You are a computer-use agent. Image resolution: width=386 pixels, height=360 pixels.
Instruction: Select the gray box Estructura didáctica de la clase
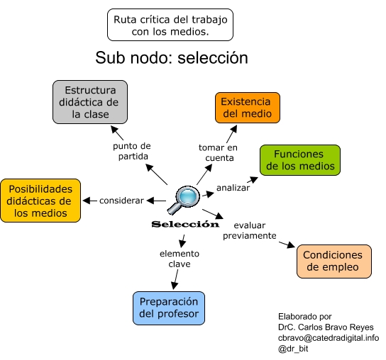coord(90,102)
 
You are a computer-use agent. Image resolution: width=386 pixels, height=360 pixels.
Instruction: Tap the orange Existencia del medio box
coord(248,108)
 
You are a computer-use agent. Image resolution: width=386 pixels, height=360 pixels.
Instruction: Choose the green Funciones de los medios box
coord(300,160)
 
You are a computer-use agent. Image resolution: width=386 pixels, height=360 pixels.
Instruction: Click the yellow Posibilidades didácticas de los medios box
coord(40,201)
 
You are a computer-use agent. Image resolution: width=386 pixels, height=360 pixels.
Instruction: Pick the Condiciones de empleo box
coord(334,261)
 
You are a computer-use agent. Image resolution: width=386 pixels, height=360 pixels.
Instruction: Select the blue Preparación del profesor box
coord(169,308)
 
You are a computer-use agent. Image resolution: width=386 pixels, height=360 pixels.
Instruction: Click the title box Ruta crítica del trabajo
coord(170,25)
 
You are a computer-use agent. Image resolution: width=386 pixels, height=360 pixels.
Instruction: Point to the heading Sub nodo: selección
coord(172,58)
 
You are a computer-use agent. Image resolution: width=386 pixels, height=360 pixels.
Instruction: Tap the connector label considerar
coord(121,201)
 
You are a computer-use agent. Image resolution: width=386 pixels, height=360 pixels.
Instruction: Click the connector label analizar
coord(233,188)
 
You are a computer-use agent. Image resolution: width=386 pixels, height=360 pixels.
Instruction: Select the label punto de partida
coord(132,151)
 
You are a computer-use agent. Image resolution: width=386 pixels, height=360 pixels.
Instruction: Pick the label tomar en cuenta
coord(218,152)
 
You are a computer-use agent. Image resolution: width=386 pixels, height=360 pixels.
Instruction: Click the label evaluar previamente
coord(250,230)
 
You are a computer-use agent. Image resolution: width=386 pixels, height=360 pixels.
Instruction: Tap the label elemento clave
coord(180,259)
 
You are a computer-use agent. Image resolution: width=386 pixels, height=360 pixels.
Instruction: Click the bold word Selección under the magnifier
coord(185,224)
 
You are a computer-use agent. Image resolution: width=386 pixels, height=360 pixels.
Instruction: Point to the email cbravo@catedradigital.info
coord(329,338)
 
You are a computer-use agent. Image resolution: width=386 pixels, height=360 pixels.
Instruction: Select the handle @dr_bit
coord(293,349)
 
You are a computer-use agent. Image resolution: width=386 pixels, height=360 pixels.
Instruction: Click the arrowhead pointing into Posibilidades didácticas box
coord(86,201)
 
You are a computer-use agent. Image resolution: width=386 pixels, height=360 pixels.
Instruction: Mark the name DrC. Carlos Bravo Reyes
coord(326,327)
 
